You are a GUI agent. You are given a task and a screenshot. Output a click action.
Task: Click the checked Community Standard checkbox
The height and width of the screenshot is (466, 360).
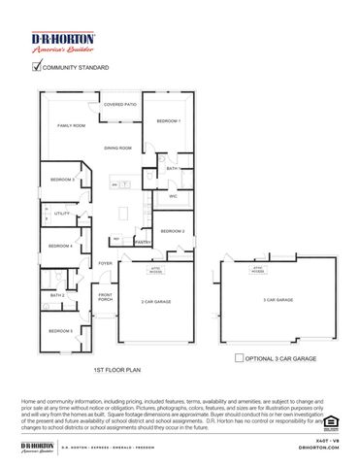click(x=38, y=67)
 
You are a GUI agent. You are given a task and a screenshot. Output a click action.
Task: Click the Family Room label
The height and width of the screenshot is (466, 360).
click(x=71, y=126)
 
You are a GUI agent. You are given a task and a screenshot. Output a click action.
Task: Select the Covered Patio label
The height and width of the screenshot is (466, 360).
click(x=120, y=104)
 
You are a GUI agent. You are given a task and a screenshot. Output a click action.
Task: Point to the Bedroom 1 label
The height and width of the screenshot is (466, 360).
click(x=169, y=120)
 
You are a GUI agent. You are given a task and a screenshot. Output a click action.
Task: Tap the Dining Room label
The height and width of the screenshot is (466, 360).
click(x=118, y=148)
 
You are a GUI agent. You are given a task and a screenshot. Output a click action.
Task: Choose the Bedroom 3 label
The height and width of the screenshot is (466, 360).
click(x=62, y=180)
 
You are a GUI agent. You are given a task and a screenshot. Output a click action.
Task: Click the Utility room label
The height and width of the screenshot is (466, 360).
click(x=61, y=213)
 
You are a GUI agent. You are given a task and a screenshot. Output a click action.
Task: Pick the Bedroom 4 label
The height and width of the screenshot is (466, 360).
click(x=62, y=246)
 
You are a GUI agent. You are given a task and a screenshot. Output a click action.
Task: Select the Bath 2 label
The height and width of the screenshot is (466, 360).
click(x=57, y=295)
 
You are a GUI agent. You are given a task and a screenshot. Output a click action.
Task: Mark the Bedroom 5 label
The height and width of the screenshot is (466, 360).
click(x=62, y=331)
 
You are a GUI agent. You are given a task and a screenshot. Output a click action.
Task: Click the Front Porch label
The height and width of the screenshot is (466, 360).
click(x=105, y=298)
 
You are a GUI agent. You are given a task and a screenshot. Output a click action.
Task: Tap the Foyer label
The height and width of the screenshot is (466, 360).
click(x=105, y=263)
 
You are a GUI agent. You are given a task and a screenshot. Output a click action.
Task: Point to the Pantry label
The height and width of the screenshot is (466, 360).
click(x=142, y=242)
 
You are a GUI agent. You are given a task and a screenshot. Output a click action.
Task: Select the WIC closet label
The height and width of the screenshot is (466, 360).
click(x=173, y=197)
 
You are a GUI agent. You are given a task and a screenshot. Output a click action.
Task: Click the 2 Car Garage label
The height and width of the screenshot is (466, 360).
click(x=156, y=302)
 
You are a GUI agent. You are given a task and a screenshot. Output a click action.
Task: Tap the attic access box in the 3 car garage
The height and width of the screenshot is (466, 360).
click(x=258, y=269)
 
